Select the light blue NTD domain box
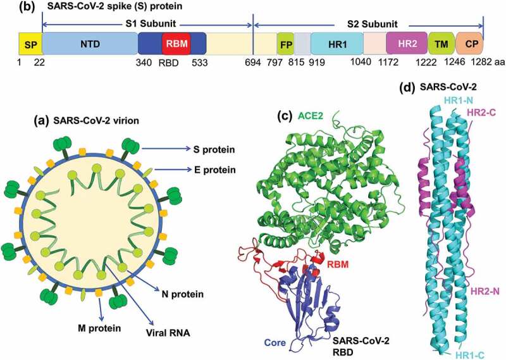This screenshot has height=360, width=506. (x=90, y=44)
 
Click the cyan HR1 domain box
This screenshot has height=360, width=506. (x=336, y=44)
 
